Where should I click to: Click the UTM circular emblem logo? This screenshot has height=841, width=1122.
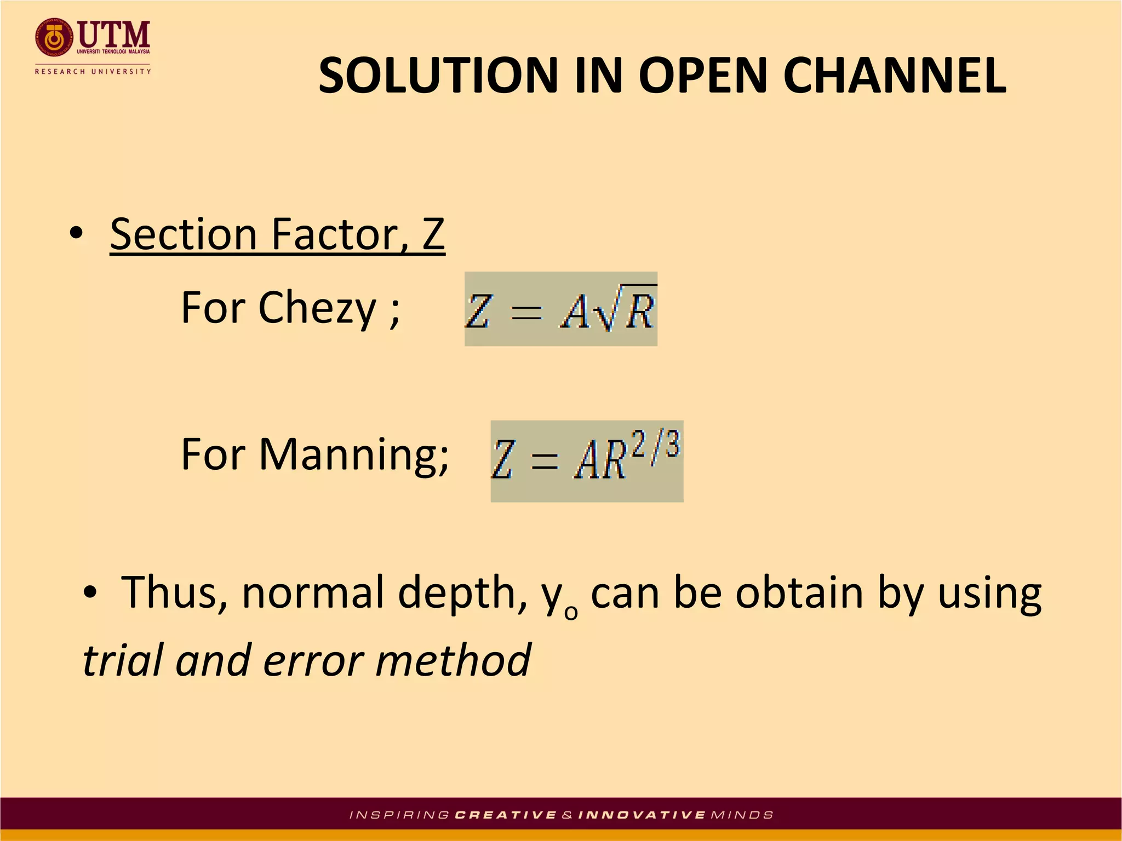(54, 38)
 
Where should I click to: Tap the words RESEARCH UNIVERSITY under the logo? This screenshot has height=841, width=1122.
(93, 71)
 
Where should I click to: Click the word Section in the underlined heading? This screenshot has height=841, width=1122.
(184, 234)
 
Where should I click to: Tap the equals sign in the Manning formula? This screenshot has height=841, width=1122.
(545, 462)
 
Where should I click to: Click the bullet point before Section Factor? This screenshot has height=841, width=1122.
(77, 234)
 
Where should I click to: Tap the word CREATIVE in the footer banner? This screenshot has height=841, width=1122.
(506, 815)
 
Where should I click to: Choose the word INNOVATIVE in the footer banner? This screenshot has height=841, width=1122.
(642, 815)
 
